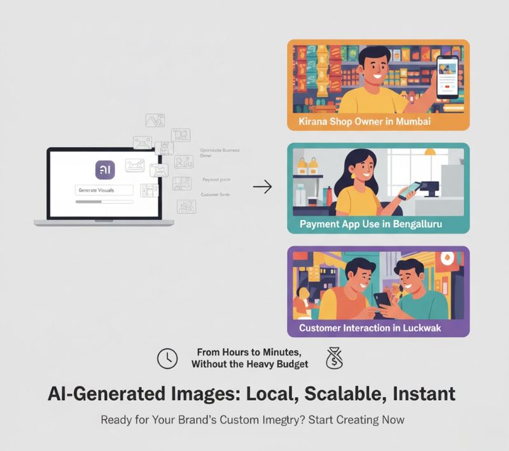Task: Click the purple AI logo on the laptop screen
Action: pyautogui.click(x=105, y=170)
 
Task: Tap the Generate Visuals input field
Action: pyautogui.click(x=104, y=190)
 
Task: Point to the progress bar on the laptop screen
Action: pyautogui.click(x=104, y=202)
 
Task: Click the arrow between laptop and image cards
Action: pyautogui.click(x=261, y=186)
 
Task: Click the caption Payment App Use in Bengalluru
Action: pyautogui.click(x=370, y=224)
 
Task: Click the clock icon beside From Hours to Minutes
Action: pyautogui.click(x=167, y=359)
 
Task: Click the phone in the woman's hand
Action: pyautogui.click(x=410, y=189)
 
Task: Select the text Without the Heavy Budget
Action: pyautogui.click(x=249, y=364)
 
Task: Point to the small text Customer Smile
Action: pyautogui.click(x=215, y=195)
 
